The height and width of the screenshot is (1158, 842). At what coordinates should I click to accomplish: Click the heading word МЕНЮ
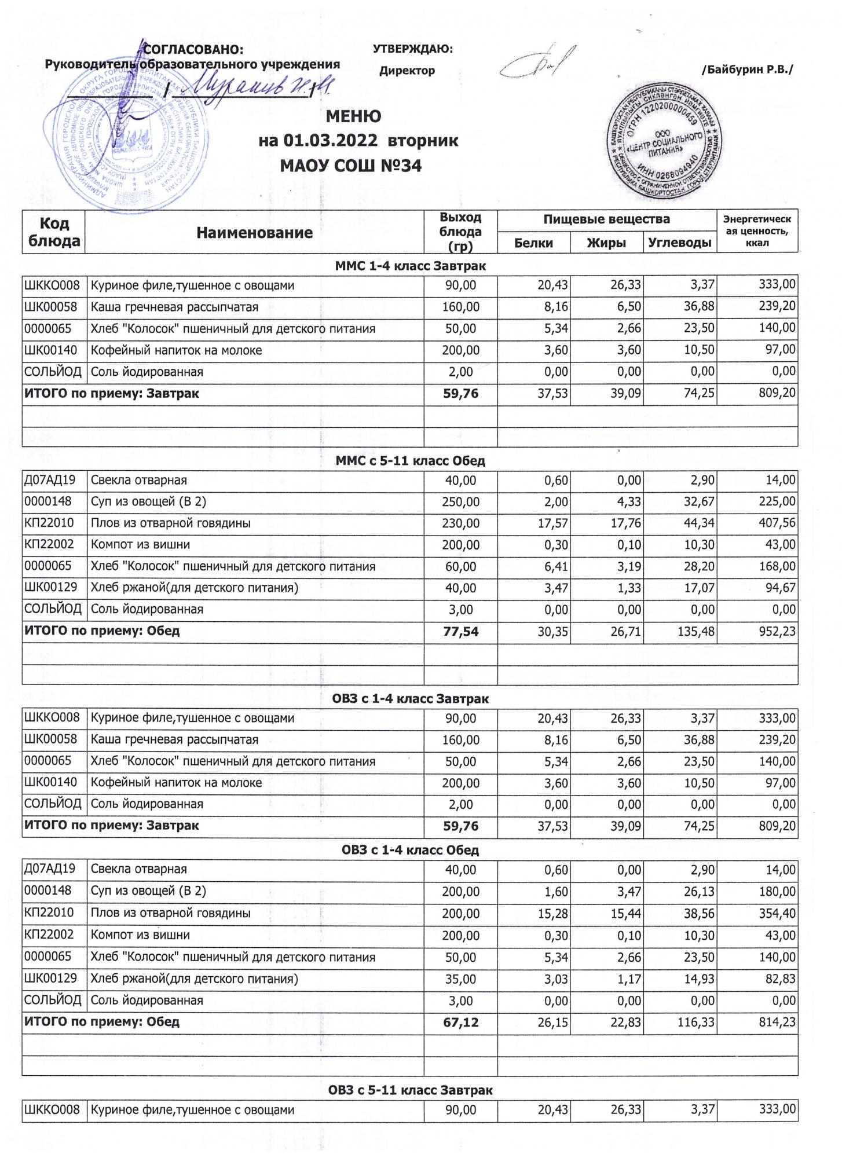pyautogui.click(x=353, y=116)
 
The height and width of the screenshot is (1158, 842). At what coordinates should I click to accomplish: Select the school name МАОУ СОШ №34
pyautogui.click(x=350, y=166)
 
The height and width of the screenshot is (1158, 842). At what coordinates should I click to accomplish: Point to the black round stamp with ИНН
pyautogui.click(x=664, y=143)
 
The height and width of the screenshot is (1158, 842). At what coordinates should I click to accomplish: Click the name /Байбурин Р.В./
pyautogui.click(x=747, y=70)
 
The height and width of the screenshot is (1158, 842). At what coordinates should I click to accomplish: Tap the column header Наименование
pyautogui.click(x=254, y=233)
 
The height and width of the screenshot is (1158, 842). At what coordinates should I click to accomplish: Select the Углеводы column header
pyautogui.click(x=679, y=243)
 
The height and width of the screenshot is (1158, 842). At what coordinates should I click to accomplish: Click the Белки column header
pyautogui.click(x=533, y=243)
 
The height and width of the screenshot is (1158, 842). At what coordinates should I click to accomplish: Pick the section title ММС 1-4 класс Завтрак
pyautogui.click(x=410, y=266)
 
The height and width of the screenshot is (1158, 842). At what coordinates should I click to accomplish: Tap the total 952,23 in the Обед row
pyautogui.click(x=777, y=632)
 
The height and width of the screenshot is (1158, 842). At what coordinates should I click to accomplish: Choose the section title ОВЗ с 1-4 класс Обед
pyautogui.click(x=410, y=851)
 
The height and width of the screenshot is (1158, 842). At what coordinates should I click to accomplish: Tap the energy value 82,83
pyautogui.click(x=777, y=979)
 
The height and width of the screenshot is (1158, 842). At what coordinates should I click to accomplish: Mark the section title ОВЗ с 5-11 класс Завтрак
pyautogui.click(x=410, y=1090)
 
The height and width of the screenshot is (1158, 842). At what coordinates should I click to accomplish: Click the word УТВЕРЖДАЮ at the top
pyautogui.click(x=413, y=49)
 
